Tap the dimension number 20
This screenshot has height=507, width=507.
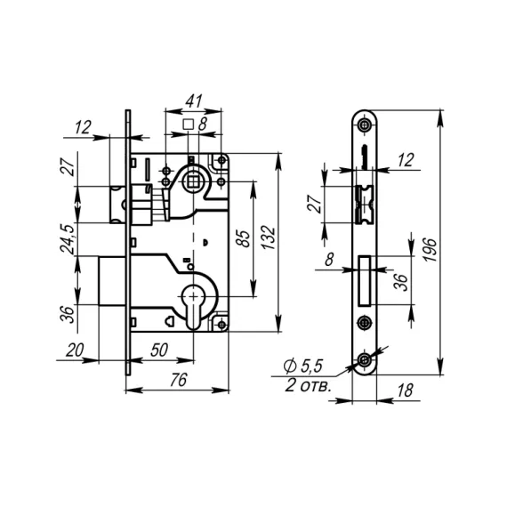pos(75,350)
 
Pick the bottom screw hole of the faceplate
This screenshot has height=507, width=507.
pos(365,359)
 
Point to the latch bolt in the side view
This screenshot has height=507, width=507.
pos(116,203)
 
